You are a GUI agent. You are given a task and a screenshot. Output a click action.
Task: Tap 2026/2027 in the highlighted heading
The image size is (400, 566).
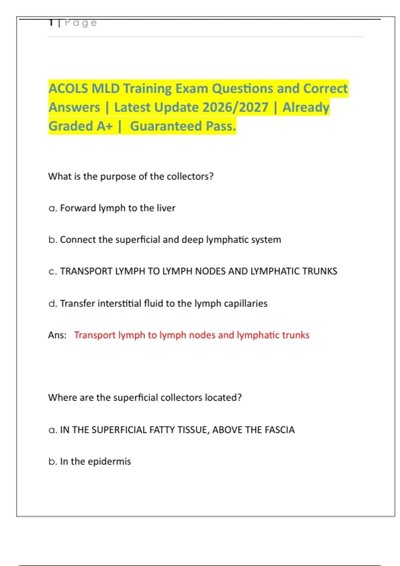pyautogui.click(x=235, y=108)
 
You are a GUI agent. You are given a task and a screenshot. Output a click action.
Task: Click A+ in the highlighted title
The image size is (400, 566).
pyautogui.click(x=105, y=126)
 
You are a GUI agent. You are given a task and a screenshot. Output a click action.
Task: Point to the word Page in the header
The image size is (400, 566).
pyautogui.click(x=81, y=23)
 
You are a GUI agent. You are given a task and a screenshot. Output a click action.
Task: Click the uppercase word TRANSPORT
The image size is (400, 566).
pyautogui.click(x=86, y=271)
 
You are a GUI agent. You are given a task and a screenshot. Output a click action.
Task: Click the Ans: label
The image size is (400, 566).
pyautogui.click(x=57, y=335)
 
